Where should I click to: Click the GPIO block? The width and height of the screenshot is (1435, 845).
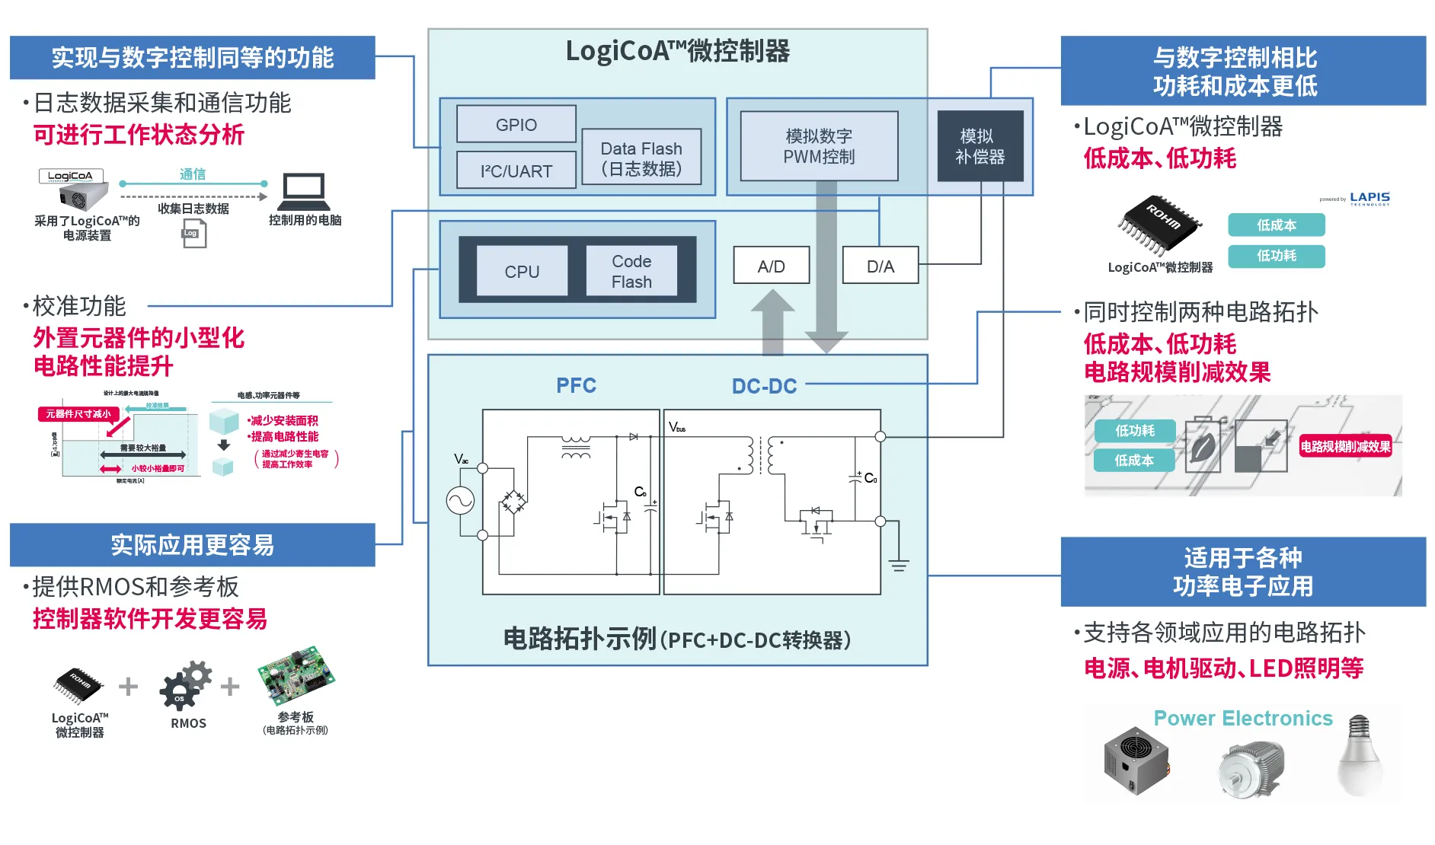coord(516,124)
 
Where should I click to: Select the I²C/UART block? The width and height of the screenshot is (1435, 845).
coord(516,171)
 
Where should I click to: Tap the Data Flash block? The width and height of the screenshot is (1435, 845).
coord(641,158)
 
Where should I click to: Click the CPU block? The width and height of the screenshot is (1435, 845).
coord(522,271)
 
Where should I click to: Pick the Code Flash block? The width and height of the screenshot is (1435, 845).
coord(631,271)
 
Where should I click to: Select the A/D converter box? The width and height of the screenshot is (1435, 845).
coord(771,266)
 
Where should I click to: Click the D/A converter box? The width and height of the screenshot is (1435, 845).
coord(880,266)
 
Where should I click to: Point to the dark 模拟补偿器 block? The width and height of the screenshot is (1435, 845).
coord(980,146)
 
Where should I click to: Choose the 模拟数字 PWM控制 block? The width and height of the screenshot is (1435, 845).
coord(819,146)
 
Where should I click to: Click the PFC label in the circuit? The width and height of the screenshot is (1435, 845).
coord(576,385)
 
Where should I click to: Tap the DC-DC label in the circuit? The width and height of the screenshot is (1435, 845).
coord(764,386)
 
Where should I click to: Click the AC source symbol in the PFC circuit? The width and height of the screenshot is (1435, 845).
coord(460,501)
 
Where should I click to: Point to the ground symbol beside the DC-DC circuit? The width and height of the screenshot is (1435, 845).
coord(899,565)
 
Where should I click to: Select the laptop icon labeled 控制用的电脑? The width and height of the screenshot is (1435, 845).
coord(303,192)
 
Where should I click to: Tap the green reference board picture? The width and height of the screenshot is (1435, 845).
coord(296,675)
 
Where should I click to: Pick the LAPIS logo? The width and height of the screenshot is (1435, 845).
coord(1369,198)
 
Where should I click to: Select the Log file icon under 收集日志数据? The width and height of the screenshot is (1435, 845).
coord(193,234)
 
